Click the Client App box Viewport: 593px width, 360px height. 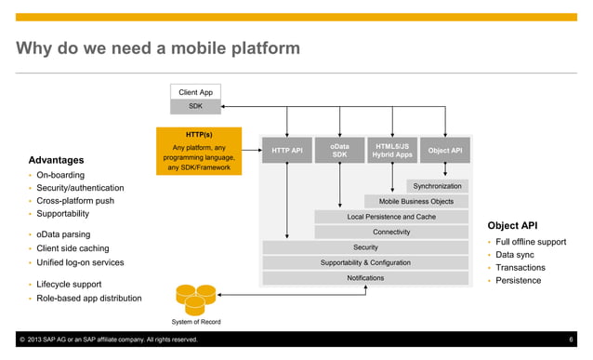click(x=195, y=92)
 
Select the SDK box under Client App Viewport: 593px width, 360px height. click(x=195, y=107)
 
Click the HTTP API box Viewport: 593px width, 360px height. click(x=286, y=150)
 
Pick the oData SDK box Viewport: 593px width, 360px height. click(x=340, y=150)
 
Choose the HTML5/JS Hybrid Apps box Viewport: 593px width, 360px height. click(x=392, y=150)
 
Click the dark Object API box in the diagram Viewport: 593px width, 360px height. click(x=445, y=150)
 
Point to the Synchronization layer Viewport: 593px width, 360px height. click(x=436, y=186)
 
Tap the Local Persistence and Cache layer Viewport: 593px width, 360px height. click(x=390, y=217)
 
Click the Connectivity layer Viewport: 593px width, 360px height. click(x=390, y=232)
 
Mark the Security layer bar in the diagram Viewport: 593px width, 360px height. click(x=364, y=247)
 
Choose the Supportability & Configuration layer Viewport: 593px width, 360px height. click(x=364, y=262)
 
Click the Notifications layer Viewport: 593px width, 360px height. click(x=364, y=277)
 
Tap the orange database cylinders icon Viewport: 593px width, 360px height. click(x=194, y=300)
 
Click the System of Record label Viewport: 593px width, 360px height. click(x=195, y=322)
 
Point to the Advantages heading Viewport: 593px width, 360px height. click(x=56, y=160)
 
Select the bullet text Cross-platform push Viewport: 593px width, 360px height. click(x=75, y=201)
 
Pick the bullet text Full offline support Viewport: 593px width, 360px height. click(x=531, y=242)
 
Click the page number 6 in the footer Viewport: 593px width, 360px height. click(x=571, y=340)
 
